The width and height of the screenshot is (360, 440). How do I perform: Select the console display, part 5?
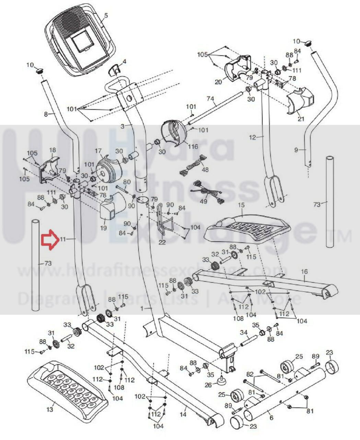[x=81, y=40]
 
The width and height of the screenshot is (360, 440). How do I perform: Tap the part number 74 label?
[x=210, y=99]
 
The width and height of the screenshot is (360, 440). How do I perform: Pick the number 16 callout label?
[x=304, y=272]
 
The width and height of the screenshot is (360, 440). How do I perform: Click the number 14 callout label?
[x=183, y=415]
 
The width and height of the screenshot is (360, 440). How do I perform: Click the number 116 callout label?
[x=193, y=147]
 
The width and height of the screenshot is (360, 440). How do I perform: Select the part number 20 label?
[x=218, y=81]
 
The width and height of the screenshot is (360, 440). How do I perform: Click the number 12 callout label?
[x=253, y=138]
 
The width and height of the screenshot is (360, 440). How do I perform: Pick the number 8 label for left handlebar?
[x=46, y=114]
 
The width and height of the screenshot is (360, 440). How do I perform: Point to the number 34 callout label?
[x=244, y=332]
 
